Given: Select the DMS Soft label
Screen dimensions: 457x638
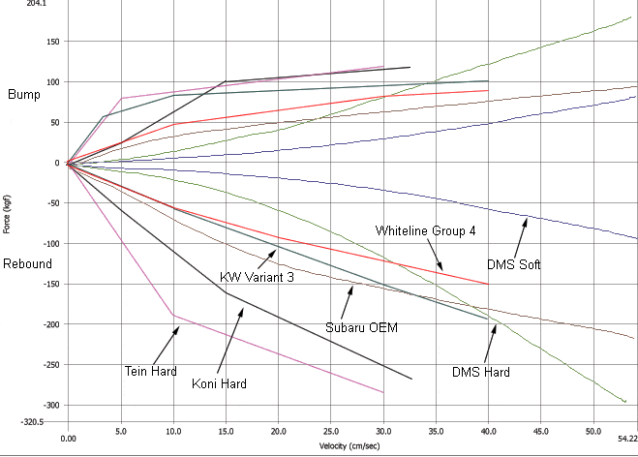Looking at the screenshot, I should (x=513, y=263).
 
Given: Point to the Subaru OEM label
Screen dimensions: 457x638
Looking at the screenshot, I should (x=361, y=327).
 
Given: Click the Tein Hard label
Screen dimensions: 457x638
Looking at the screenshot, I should (x=150, y=371).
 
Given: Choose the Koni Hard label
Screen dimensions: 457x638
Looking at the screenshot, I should (x=219, y=383).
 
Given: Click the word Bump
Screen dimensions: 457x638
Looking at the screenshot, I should (x=24, y=94).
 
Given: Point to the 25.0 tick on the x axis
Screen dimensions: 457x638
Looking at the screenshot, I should (x=330, y=438).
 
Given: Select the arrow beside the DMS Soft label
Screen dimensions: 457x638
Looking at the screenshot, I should (x=518, y=236).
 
